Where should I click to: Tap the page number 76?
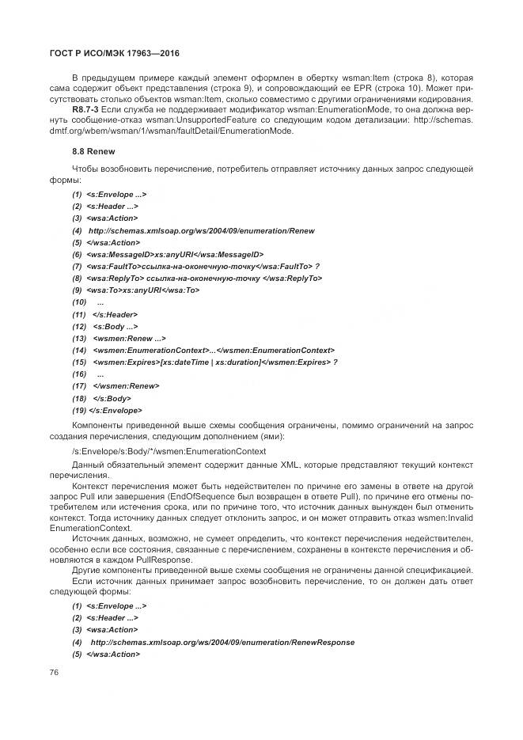55,672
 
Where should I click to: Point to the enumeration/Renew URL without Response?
202,230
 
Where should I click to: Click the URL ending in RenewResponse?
223,643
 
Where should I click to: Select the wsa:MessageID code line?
174,255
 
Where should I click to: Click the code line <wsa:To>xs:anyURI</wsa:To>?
143,290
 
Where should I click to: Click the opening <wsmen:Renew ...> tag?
123,338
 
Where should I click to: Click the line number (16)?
79,374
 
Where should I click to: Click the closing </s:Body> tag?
112,398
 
